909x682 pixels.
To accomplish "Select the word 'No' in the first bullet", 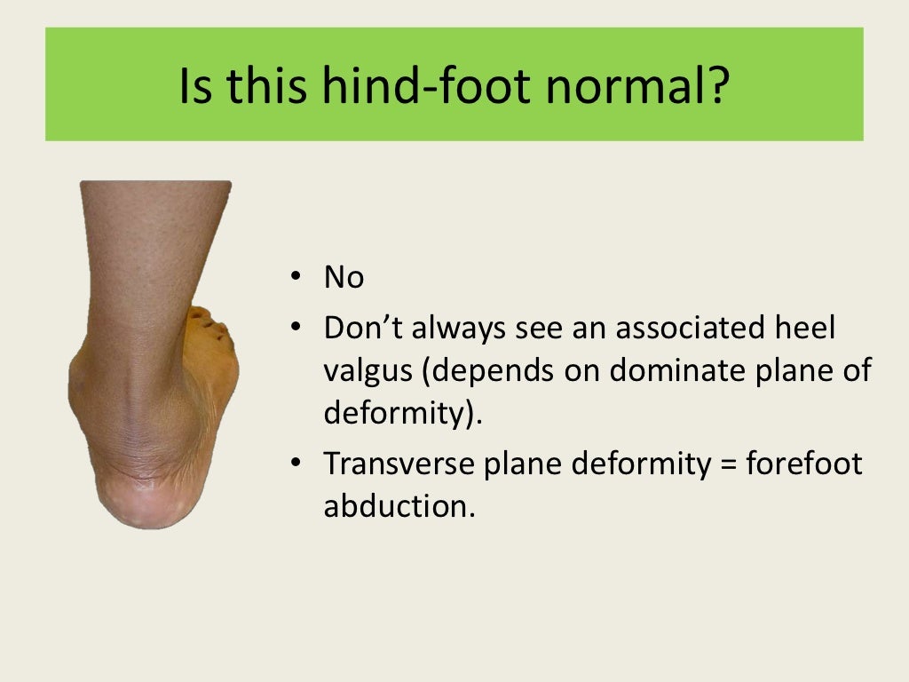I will [344, 279].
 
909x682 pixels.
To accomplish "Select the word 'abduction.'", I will [400, 506].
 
